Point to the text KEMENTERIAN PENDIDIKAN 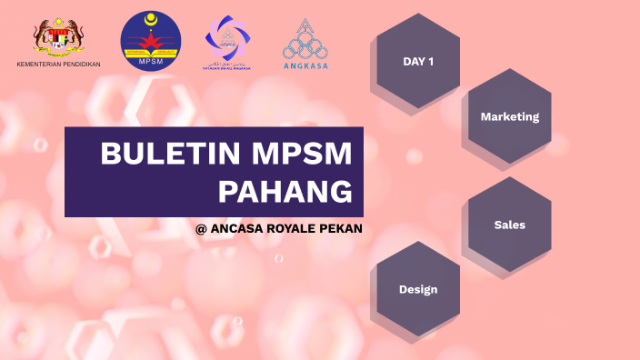tap(59, 65)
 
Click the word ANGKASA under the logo tap(305, 65)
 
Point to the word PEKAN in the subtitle tap(341, 229)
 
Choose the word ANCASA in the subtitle tap(236, 229)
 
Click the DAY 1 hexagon tap(417, 62)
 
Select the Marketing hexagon tap(509, 116)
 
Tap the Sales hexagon tap(509, 224)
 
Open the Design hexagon tap(417, 289)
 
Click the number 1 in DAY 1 tap(430, 62)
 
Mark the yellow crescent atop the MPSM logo tap(151, 18)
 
